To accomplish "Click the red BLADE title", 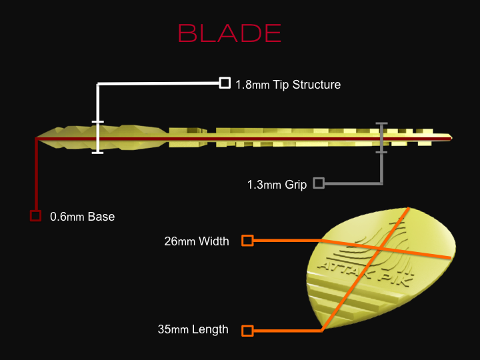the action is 229,33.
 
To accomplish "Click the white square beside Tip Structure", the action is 225,83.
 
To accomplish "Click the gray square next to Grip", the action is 319,183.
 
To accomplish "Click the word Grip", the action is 296,185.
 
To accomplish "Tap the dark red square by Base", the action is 35,216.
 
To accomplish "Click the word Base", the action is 101,217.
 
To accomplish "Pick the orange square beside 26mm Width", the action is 247,241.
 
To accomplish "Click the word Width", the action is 214,241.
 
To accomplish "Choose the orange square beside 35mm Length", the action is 247,331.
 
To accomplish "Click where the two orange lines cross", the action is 379,249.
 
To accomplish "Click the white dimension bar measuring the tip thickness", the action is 97,137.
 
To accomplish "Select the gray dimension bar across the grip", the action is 382,138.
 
